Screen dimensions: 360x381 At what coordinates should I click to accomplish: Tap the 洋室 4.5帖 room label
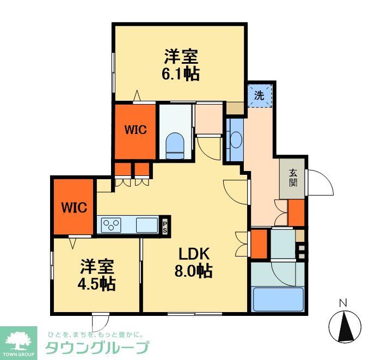[98, 275]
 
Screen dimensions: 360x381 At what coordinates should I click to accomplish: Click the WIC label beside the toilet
[134, 130]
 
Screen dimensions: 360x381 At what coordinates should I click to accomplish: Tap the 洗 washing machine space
[260, 96]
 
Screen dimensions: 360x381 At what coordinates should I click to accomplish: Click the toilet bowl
[175, 144]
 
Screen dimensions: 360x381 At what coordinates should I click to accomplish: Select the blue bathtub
[278, 298]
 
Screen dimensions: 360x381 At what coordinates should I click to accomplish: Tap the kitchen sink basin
[146, 224]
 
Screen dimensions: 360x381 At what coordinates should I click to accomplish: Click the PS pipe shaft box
[164, 226]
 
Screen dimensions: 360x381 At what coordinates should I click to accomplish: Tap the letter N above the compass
[343, 303]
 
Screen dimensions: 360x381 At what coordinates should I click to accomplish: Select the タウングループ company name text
[97, 347]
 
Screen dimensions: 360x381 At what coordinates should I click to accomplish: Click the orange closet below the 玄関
[296, 213]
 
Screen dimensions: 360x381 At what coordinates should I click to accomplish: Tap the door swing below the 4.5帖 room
[100, 321]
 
